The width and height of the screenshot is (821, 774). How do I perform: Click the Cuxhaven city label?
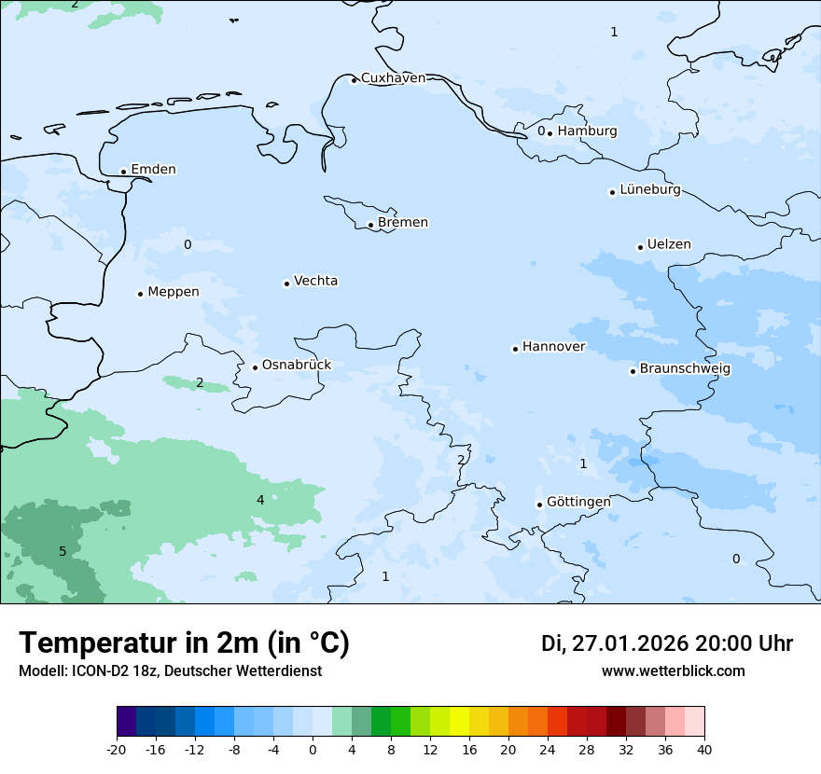pyautogui.click(x=393, y=78)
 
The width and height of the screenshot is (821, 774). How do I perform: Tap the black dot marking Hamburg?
pyautogui.click(x=550, y=132)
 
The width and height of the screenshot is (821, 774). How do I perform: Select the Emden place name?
pyautogui.click(x=153, y=170)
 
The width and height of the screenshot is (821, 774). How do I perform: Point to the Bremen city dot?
pyautogui.click(x=370, y=225)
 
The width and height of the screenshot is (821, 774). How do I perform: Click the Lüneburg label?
pyautogui.click(x=650, y=190)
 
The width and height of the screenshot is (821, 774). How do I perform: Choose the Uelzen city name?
pyautogui.click(x=669, y=245)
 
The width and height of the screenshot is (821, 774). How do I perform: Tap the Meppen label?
pyautogui.click(x=174, y=292)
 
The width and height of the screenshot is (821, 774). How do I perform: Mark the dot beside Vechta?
pyautogui.click(x=286, y=283)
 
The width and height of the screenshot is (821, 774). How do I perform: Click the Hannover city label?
pyautogui.click(x=553, y=347)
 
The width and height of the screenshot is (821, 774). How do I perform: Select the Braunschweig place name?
pyautogui.click(x=685, y=369)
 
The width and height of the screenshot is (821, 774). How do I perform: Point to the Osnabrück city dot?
pyautogui.click(x=255, y=367)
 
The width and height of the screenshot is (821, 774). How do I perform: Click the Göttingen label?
pyautogui.click(x=578, y=503)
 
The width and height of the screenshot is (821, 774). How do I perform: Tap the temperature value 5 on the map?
pyautogui.click(x=63, y=551)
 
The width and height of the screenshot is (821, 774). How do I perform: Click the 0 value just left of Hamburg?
pyautogui.click(x=541, y=131)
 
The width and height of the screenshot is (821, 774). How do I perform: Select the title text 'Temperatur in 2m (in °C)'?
pyautogui.click(x=185, y=643)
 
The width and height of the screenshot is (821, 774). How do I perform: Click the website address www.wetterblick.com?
pyautogui.click(x=673, y=670)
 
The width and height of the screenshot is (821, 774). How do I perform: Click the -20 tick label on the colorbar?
pyautogui.click(x=117, y=750)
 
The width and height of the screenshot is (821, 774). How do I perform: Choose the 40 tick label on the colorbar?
pyautogui.click(x=704, y=750)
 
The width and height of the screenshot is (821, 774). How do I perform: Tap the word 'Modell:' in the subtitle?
pyautogui.click(x=42, y=670)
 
